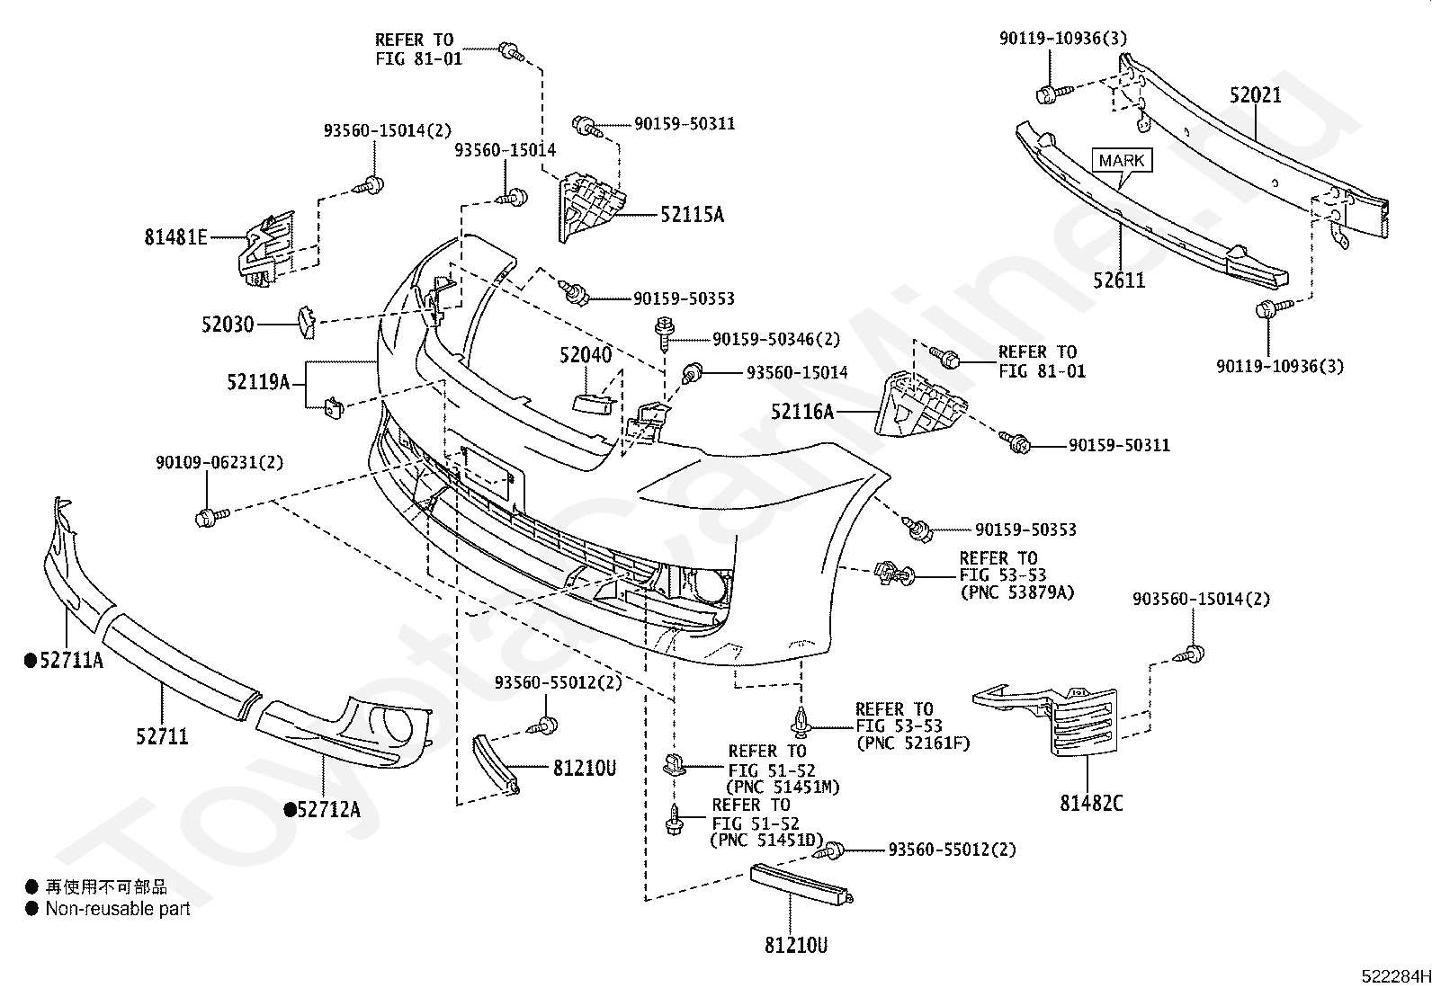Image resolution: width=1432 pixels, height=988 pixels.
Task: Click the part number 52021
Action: pos(1256,95)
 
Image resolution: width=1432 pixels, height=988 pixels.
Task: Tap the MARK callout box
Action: pos(1122,160)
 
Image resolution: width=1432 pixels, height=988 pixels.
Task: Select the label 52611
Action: pos(1119,280)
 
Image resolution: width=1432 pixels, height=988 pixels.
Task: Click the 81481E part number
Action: pos(175,237)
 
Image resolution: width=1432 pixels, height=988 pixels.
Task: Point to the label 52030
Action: pos(228,325)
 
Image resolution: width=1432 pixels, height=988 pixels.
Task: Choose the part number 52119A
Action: pos(259,382)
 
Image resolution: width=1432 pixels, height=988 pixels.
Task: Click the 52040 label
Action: pos(586,355)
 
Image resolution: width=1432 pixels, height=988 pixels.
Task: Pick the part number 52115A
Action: pos(693,215)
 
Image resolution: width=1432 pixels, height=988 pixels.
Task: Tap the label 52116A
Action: pos(802,412)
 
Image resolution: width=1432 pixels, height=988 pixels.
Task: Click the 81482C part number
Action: pos(1091,804)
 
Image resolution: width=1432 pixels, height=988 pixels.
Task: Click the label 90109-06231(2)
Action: pos(219,462)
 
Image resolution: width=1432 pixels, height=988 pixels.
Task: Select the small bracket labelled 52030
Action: pos(306,322)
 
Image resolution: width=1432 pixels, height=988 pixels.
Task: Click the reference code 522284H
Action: pos(1395,976)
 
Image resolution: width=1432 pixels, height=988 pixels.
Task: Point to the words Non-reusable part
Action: pos(118,909)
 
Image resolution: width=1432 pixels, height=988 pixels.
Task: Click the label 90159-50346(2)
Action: pos(776,339)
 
